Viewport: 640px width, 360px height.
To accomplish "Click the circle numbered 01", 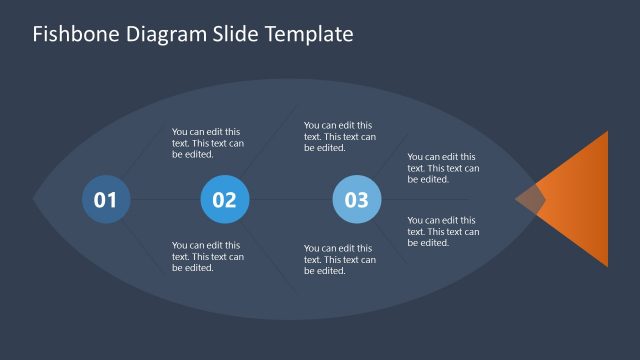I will (106, 199).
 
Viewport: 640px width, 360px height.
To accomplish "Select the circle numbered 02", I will (225, 199).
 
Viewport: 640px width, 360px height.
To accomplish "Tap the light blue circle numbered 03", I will (357, 199).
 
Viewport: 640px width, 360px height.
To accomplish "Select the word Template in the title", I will (309, 34).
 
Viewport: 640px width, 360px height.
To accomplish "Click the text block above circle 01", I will (208, 143).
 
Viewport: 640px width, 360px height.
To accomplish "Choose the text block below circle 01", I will (208, 256).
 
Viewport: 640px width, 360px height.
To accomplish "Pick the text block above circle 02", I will (340, 136).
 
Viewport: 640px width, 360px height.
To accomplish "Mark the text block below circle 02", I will (340, 260).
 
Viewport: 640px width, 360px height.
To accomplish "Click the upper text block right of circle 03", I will (443, 168).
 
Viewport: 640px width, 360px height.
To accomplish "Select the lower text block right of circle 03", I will (443, 231).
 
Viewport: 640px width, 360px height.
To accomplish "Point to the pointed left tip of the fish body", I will (37, 198).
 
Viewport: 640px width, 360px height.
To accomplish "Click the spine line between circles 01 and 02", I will (165, 199).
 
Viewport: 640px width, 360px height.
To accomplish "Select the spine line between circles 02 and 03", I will (290, 199).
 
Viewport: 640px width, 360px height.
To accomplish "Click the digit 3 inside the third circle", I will (363, 199).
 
